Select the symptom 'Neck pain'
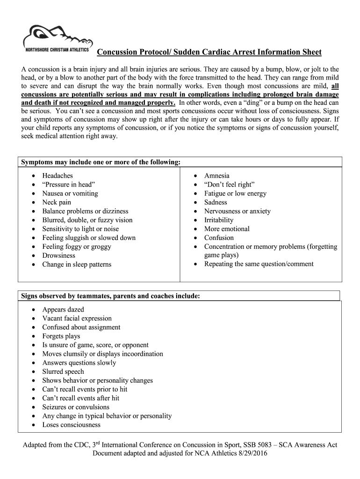[57, 202]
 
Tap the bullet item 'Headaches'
[58, 175]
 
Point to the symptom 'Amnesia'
[216, 175]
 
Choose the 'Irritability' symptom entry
[219, 220]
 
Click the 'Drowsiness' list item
[58, 255]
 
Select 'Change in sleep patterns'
[77, 264]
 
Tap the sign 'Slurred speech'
[63, 371]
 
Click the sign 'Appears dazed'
[63, 310]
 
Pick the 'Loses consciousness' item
[71, 425]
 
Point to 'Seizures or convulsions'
[76, 407]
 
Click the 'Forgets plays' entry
[61, 336]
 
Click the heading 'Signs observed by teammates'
[110, 296]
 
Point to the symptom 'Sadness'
[216, 202]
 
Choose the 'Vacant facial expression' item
[77, 318]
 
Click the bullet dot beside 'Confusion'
[195, 238]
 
